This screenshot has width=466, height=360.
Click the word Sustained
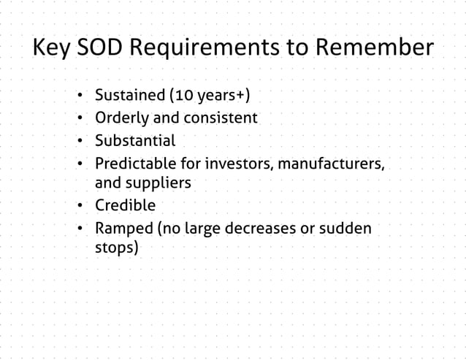[129, 96]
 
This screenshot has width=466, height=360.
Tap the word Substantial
[135, 139]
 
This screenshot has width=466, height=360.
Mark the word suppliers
[161, 183]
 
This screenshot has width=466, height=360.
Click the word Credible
[125, 205]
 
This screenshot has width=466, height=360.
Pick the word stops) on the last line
[117, 248]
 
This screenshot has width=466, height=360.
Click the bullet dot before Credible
[78, 206]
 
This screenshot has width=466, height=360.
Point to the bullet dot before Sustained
[78, 96]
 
